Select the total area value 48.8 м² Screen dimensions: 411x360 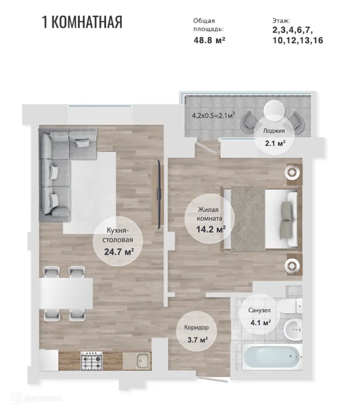(x=209, y=40)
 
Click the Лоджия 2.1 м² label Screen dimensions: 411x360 (x=274, y=137)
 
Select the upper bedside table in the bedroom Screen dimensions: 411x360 (x=292, y=173)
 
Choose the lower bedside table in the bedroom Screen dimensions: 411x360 (x=292, y=264)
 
